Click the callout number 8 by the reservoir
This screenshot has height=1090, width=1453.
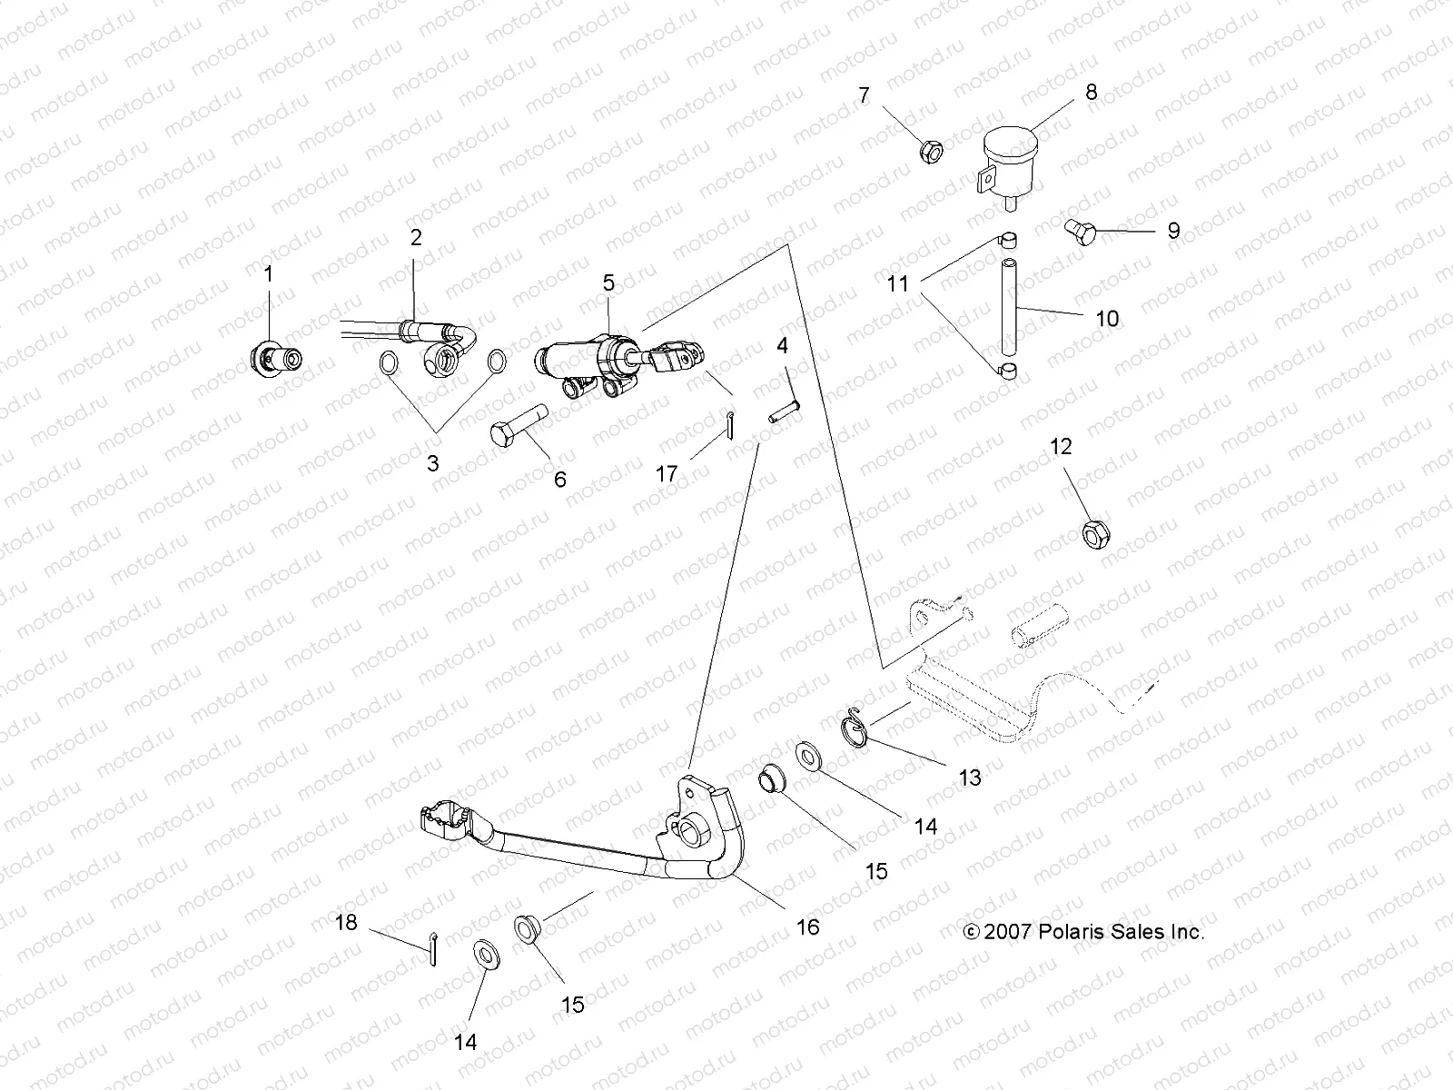click(1091, 92)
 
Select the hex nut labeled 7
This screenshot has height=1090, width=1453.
click(931, 151)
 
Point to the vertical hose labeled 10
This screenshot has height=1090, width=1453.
click(1007, 309)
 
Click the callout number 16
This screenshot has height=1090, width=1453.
click(807, 926)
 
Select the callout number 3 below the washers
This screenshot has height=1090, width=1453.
click(432, 463)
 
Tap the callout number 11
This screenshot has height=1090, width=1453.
click(898, 284)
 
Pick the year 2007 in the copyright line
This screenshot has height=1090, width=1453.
click(1008, 932)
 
